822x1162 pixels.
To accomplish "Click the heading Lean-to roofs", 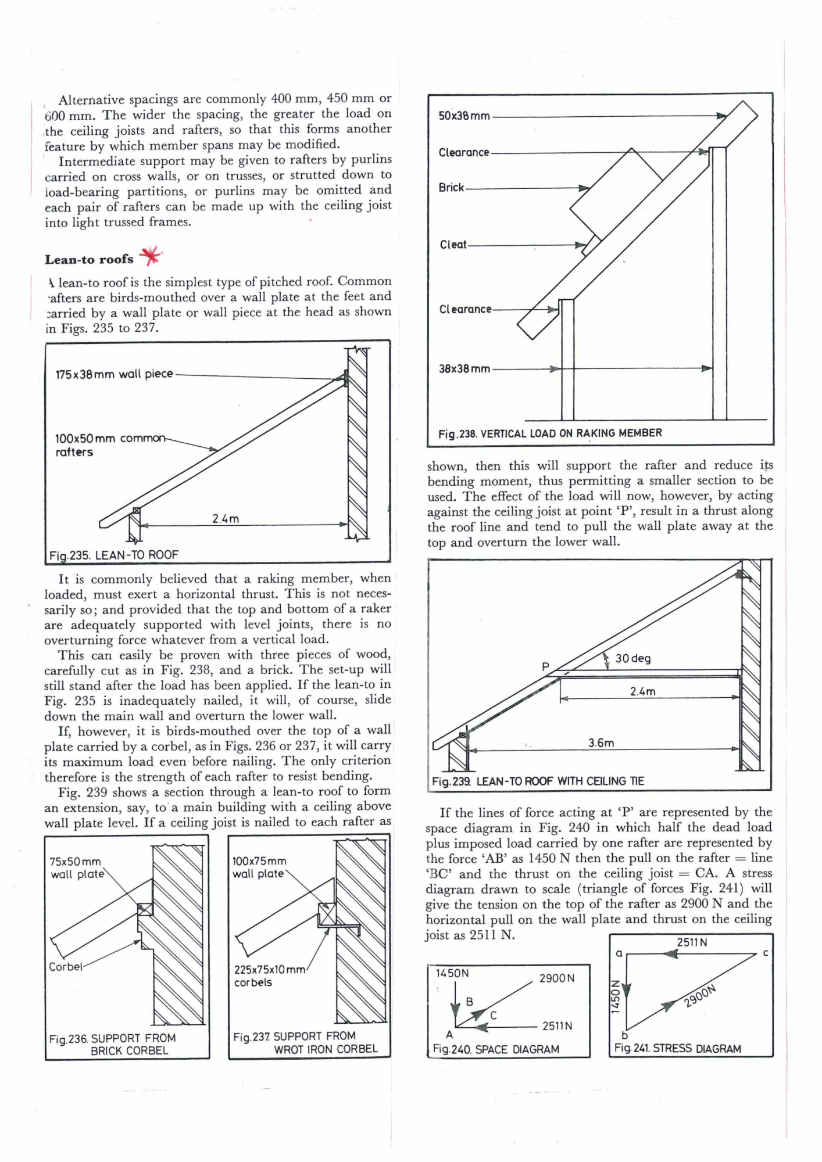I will [89, 260].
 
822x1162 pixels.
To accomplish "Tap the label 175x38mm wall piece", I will [114, 374].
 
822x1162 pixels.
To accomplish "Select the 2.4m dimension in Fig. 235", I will [226, 518].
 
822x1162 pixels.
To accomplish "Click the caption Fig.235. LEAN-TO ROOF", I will [114, 555].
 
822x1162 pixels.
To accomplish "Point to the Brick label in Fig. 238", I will [451, 188].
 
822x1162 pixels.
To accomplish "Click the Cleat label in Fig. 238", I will [453, 245].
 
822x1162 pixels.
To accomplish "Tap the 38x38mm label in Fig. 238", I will [464, 369].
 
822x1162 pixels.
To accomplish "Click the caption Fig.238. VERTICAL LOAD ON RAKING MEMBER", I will [550, 433].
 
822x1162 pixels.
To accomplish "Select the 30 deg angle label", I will [633, 658].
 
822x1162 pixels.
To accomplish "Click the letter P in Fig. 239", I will [545, 666].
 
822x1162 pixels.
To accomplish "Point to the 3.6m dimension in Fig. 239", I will [601, 743].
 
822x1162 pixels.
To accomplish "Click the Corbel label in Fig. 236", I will [66, 967].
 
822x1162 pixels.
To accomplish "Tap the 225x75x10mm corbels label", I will [269, 975].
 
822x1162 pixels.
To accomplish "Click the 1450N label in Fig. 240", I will [452, 973].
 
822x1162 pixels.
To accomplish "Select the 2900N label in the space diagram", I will [557, 978].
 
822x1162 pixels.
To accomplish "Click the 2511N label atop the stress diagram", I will [692, 942].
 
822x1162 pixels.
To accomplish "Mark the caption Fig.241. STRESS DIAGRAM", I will [677, 1048].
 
